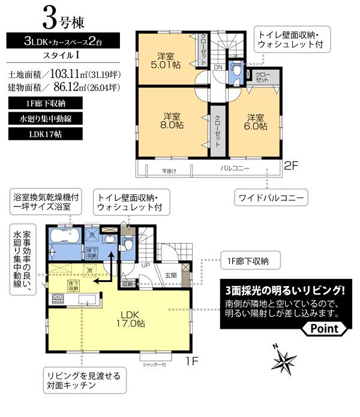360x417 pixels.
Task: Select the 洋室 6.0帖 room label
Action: [256, 122]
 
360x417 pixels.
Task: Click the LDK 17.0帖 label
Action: [131, 319]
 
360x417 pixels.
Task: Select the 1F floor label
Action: [191, 361]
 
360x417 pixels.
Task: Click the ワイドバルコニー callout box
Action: [269, 197]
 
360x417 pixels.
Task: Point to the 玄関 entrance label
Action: [170, 275]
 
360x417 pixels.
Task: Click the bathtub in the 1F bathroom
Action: [62, 236]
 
